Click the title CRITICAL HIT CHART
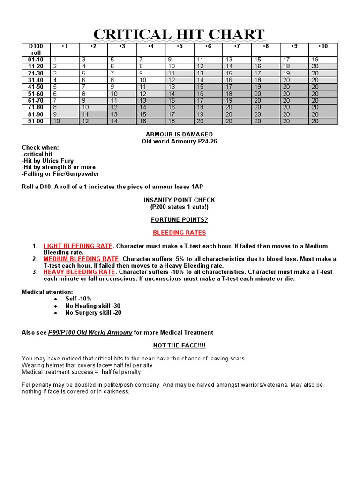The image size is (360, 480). [x=179, y=35]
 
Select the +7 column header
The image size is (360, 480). [x=237, y=46]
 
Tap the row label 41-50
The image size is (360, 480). [x=36, y=87]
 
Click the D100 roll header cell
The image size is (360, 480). [x=36, y=49]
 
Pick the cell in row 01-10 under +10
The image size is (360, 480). [x=322, y=60]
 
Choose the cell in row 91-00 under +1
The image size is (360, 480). [x=65, y=121]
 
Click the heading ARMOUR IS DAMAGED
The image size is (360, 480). [x=179, y=135]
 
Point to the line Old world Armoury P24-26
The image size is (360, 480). [x=179, y=141]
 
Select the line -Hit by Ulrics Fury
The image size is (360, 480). [x=48, y=161]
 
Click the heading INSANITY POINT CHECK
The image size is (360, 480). [x=179, y=200]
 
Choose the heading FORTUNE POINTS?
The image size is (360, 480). [x=179, y=219]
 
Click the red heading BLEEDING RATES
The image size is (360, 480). [x=179, y=232]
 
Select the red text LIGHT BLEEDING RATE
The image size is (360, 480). [x=78, y=246]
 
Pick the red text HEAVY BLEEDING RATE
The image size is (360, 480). [x=79, y=272]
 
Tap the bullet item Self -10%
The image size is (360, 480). [x=78, y=299]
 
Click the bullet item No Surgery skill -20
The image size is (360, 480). [x=93, y=313]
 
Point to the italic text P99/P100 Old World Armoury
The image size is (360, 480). [x=90, y=332]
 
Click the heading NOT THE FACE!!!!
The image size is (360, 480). [x=179, y=345]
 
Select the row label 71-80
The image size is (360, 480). [x=36, y=107]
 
